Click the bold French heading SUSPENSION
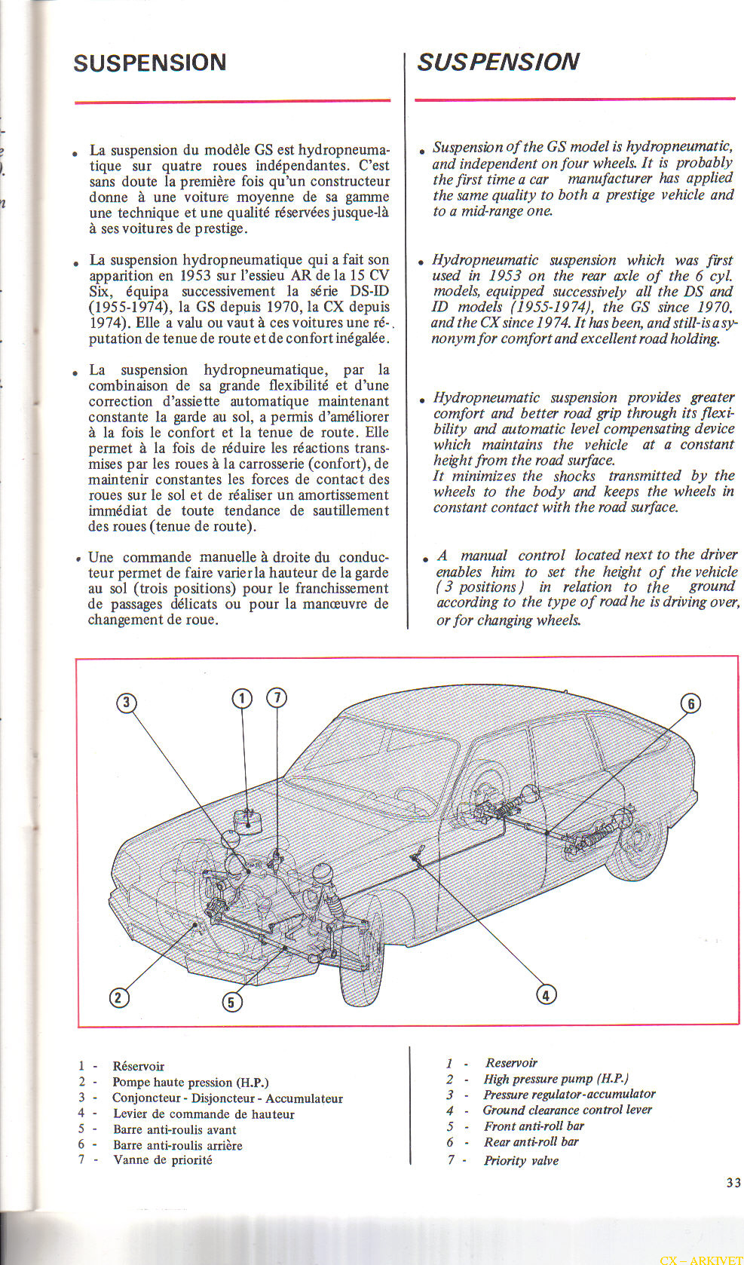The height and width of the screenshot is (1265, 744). pyautogui.click(x=150, y=62)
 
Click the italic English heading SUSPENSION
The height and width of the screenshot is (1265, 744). pyautogui.click(x=498, y=61)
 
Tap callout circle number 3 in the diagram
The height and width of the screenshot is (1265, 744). pyautogui.click(x=126, y=703)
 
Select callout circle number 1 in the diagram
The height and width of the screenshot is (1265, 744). pyautogui.click(x=241, y=698)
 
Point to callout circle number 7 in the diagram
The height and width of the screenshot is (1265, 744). pyautogui.click(x=277, y=697)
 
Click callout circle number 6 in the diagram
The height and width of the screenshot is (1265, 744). pyautogui.click(x=690, y=704)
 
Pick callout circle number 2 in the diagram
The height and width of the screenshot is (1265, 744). pyautogui.click(x=118, y=997)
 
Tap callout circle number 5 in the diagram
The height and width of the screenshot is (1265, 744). pyautogui.click(x=231, y=1002)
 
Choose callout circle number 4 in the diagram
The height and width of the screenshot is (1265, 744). pyautogui.click(x=546, y=994)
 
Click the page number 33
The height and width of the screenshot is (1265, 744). pyautogui.click(x=733, y=1183)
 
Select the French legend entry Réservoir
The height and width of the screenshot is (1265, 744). pyautogui.click(x=138, y=1066)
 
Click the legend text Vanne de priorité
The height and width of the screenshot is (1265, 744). pyautogui.click(x=163, y=1160)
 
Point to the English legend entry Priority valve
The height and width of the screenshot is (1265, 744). pyautogui.click(x=521, y=1160)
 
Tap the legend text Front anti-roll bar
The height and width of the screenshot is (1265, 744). pyautogui.click(x=534, y=1126)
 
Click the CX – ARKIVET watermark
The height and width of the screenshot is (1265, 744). pyautogui.click(x=700, y=1260)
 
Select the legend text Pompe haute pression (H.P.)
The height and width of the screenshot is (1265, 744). pyautogui.click(x=190, y=1082)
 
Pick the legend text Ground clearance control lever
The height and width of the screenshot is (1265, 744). pyautogui.click(x=567, y=1110)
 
